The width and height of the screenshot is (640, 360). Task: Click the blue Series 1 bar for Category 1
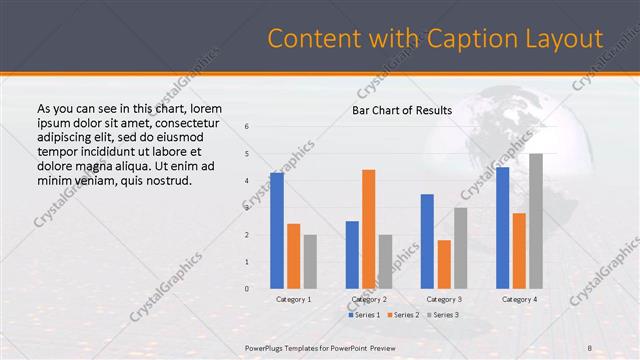(x=276, y=231)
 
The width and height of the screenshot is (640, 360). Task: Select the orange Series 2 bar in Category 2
(x=368, y=229)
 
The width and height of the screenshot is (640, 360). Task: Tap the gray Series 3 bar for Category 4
(x=536, y=221)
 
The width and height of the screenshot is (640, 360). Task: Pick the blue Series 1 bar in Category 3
(x=427, y=241)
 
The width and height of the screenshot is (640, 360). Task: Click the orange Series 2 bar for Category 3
(x=444, y=264)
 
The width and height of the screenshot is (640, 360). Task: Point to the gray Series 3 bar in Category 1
(x=310, y=261)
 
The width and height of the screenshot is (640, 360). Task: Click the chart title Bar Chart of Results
(x=401, y=110)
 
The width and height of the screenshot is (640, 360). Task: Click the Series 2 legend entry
(x=402, y=315)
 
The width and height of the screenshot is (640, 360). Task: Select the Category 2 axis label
(x=368, y=299)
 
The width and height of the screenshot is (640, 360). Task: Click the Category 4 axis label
(x=519, y=299)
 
